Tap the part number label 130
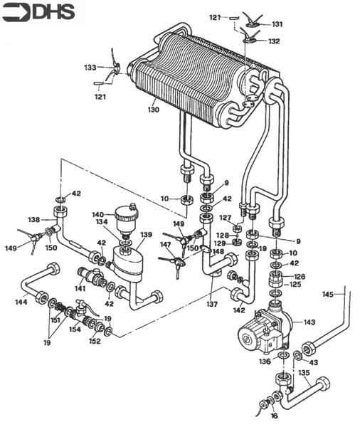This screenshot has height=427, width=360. [x=154, y=110]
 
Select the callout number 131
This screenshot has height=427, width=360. [x=277, y=24]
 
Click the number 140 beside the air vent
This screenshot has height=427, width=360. [x=97, y=214]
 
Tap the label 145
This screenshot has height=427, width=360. [x=327, y=294]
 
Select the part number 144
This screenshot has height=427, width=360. [x=20, y=302]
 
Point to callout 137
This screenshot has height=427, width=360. [x=211, y=305]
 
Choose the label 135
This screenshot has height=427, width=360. [x=303, y=372]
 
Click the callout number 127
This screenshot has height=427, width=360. [x=225, y=218]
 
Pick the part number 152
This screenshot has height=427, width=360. [x=95, y=341]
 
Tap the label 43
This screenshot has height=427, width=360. [x=314, y=363]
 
